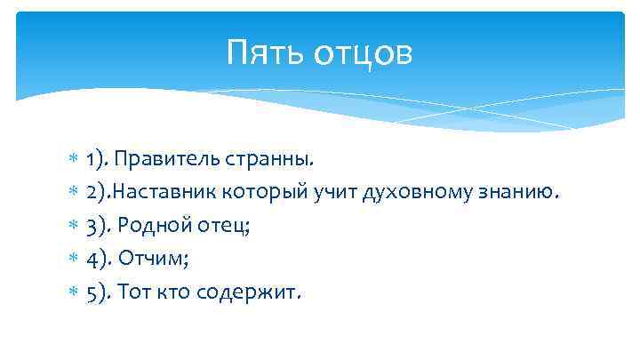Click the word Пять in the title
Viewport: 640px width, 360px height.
(x=260, y=52)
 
